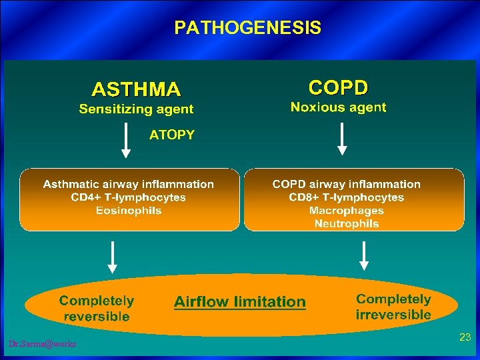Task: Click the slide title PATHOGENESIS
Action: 247,28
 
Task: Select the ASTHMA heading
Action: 136,89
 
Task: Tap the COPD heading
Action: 338,87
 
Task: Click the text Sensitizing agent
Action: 136,109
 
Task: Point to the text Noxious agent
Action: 338,107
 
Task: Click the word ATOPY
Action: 172,135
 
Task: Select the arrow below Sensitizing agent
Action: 125,140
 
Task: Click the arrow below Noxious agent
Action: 342,139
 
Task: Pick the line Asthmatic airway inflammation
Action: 129,184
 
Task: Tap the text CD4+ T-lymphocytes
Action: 129,197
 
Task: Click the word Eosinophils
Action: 129,211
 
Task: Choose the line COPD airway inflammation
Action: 346,184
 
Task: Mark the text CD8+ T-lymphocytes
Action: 346,197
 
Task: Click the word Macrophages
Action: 346,211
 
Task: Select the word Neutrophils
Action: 346,224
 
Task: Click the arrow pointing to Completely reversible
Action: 113,257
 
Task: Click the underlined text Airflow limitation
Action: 239,302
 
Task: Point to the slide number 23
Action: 465,338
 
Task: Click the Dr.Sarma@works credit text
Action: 43,344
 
